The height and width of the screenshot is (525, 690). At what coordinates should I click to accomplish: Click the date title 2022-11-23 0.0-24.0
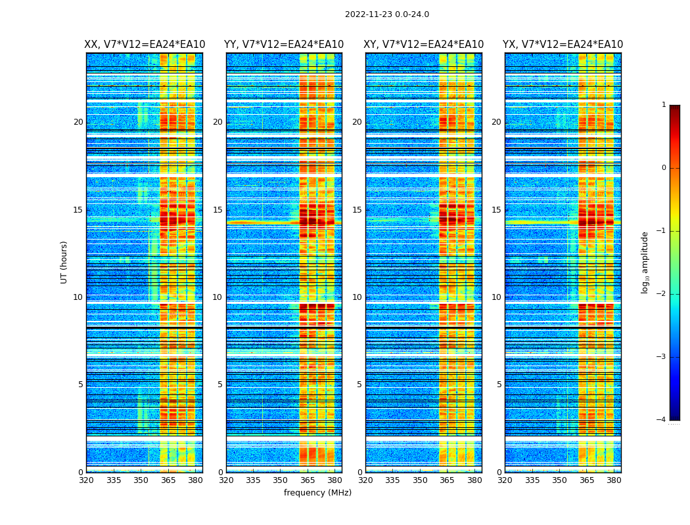(386, 14)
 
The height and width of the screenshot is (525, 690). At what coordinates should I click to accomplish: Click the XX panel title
(145, 45)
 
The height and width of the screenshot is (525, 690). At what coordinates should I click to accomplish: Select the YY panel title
(284, 45)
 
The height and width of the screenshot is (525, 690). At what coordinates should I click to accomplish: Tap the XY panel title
(424, 45)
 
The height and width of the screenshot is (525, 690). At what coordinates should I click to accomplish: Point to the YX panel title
(563, 45)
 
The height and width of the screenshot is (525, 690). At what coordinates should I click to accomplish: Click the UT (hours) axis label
(64, 262)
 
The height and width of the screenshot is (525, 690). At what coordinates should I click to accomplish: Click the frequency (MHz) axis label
(317, 493)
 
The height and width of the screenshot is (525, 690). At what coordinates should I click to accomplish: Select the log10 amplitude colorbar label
(645, 262)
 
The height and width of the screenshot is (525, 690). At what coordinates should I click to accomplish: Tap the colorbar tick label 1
(664, 105)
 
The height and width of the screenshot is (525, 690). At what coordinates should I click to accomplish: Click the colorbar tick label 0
(664, 168)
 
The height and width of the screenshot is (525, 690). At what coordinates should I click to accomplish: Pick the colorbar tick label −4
(662, 420)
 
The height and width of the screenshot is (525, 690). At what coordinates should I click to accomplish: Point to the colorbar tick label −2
(662, 294)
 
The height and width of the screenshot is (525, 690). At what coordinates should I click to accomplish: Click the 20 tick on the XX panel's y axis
(78, 122)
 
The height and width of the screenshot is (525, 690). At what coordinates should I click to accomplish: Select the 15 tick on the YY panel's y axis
(218, 210)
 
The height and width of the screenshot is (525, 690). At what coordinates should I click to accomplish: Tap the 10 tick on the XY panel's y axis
(357, 297)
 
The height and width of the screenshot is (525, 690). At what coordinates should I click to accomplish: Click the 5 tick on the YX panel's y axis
(499, 385)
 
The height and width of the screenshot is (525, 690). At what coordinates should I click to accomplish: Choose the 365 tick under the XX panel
(168, 480)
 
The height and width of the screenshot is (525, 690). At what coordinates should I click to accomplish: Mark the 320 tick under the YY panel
(226, 480)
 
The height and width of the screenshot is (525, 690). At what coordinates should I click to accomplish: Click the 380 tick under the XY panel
(474, 480)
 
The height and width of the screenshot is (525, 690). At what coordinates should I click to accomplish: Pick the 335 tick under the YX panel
(532, 480)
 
